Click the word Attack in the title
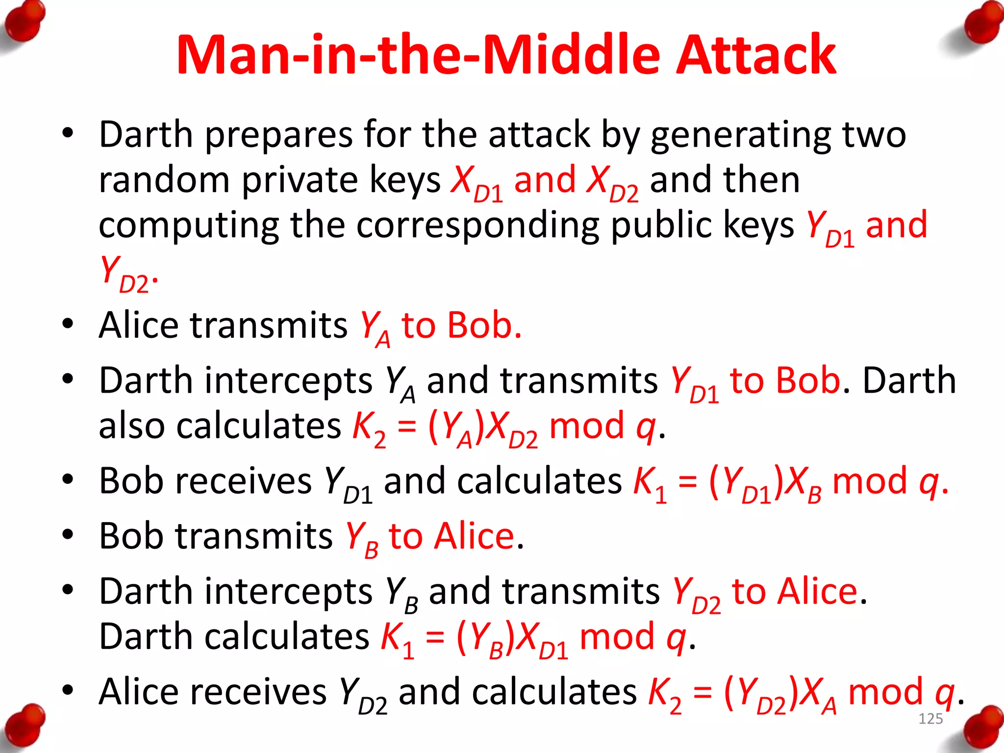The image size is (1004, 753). click(756, 55)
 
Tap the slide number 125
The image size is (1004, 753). click(930, 719)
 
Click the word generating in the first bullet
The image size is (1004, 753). click(740, 135)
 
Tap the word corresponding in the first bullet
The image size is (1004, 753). click(478, 226)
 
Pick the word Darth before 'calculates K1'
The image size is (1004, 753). click(145, 637)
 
